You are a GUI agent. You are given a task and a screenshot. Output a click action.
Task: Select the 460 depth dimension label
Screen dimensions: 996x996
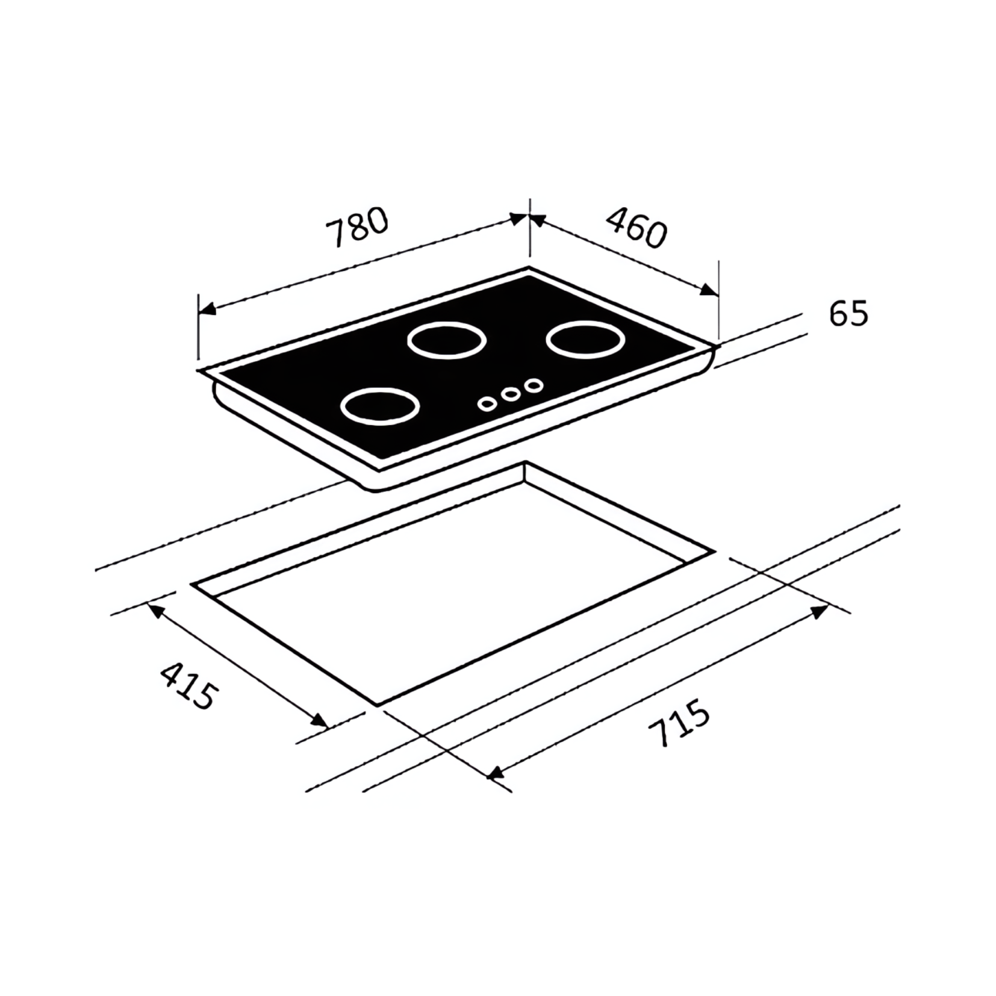[x=637, y=227]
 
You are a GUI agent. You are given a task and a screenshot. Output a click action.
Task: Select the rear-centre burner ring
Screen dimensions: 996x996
[x=446, y=341]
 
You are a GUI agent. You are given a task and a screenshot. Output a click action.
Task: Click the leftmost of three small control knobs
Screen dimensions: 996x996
[x=488, y=404]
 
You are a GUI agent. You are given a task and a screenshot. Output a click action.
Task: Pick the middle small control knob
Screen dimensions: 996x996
[x=511, y=394]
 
